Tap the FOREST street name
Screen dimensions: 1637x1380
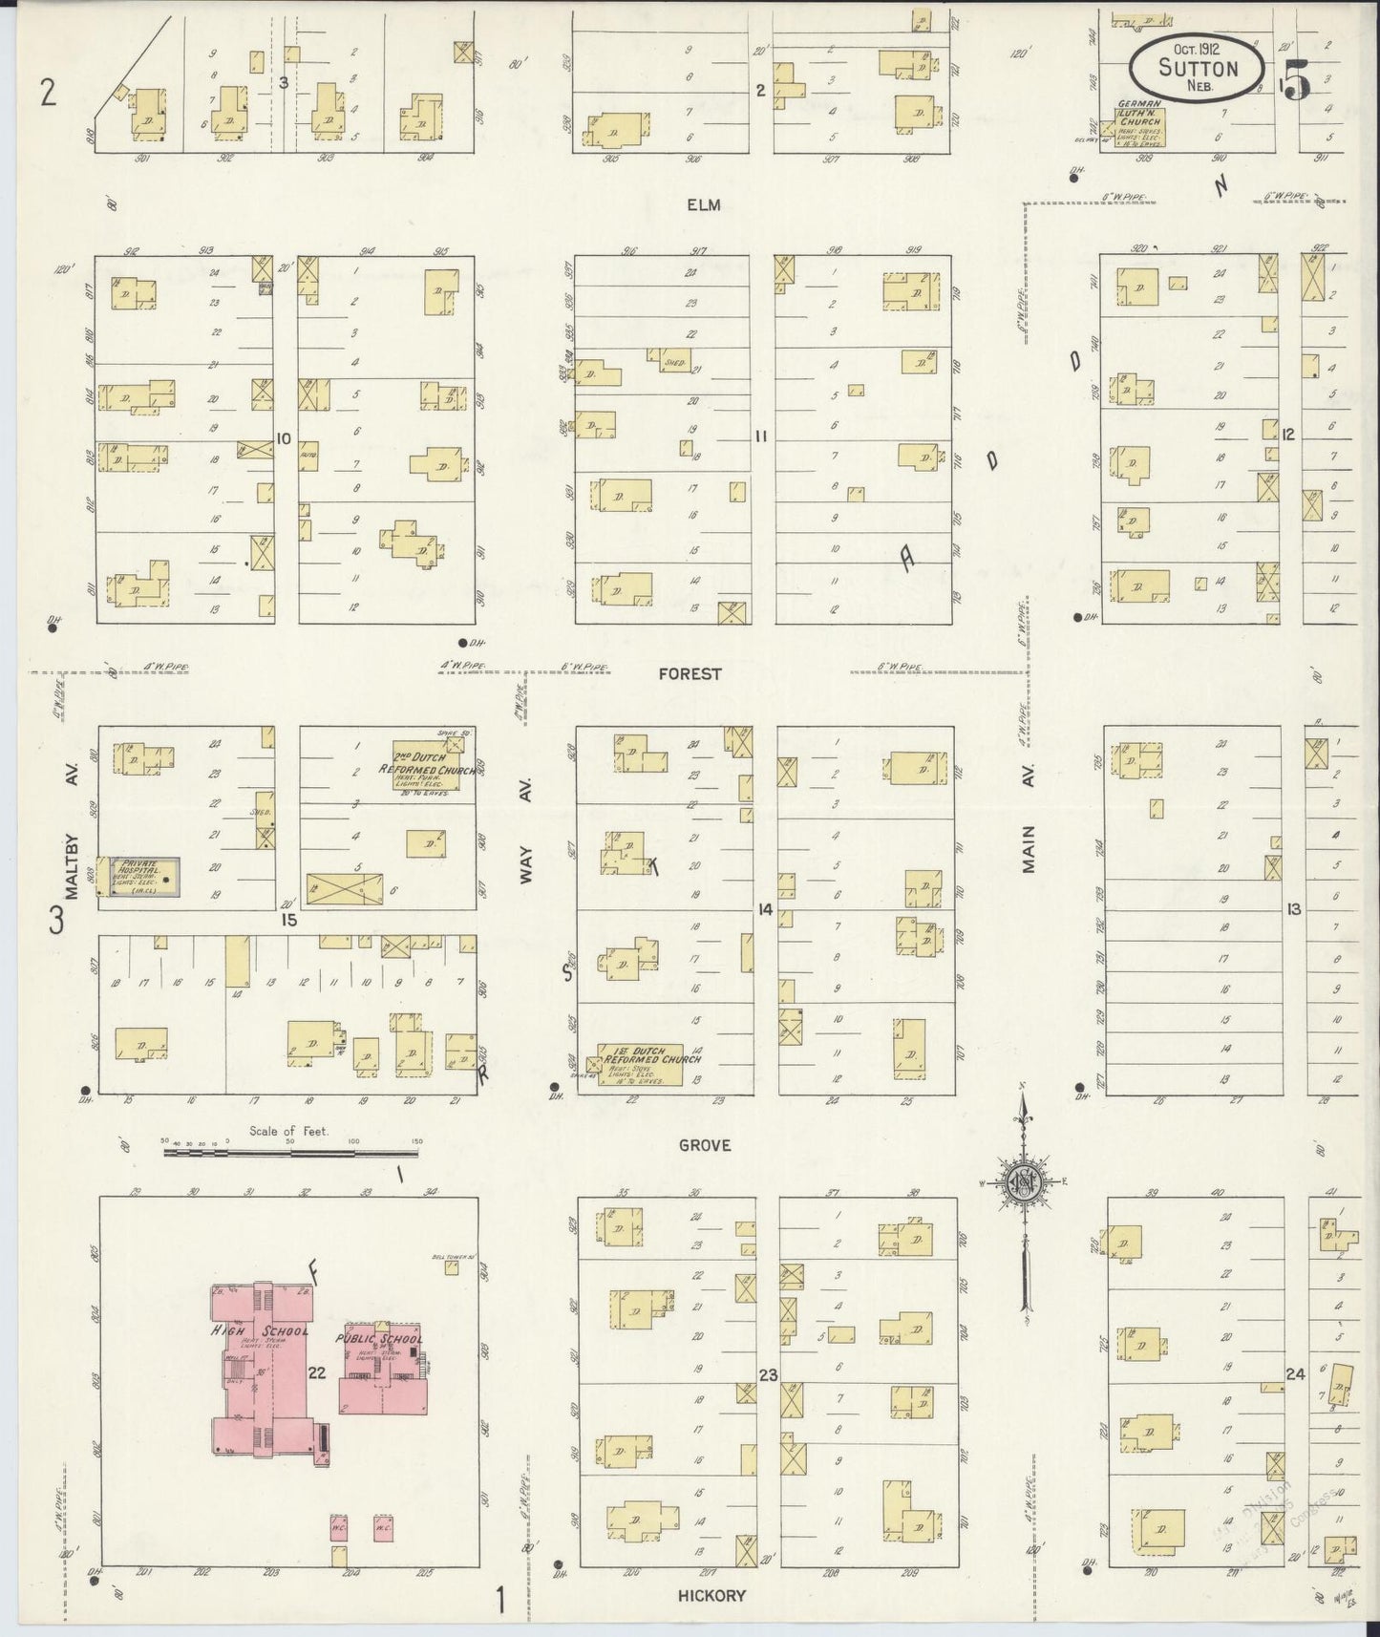click(690, 673)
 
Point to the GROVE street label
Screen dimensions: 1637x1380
click(705, 1145)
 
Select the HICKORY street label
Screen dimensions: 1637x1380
click(711, 1595)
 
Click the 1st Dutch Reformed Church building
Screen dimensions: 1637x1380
click(640, 1065)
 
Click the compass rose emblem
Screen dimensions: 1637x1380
click(1022, 1182)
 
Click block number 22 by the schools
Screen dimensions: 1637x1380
click(317, 1372)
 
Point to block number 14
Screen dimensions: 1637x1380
click(764, 910)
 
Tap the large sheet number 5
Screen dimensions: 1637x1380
click(1296, 81)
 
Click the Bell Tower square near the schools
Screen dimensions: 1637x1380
click(451, 1267)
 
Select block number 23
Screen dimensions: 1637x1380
click(768, 1375)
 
